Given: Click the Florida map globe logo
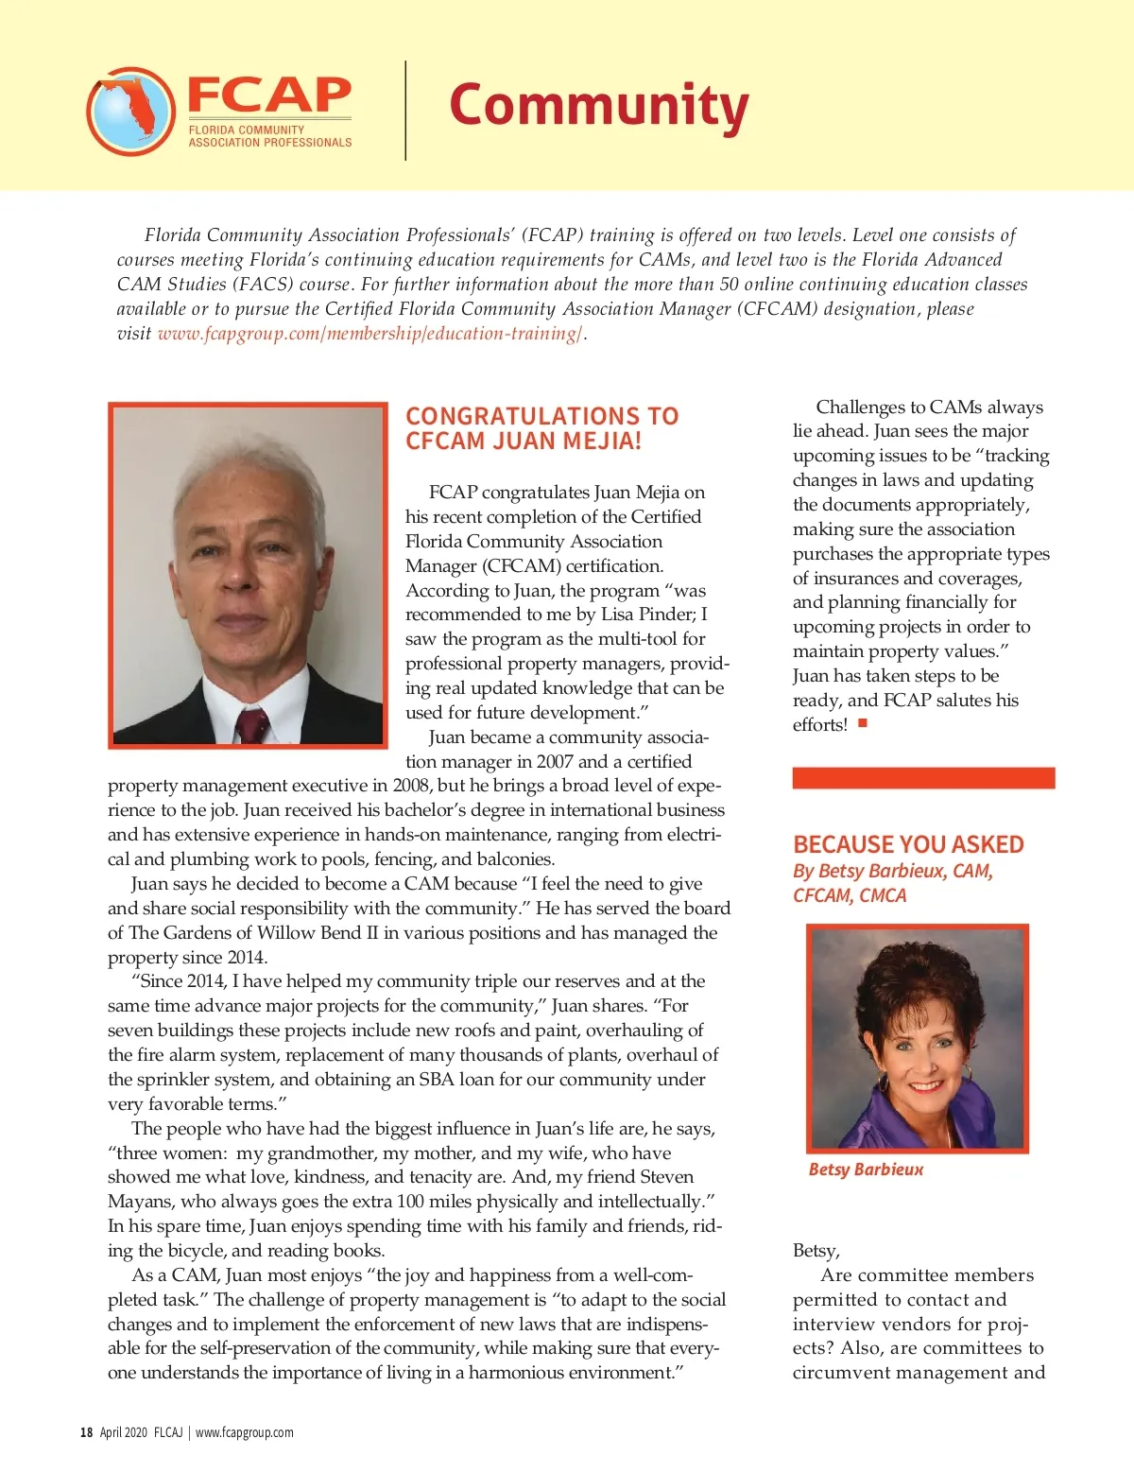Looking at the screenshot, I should pyautogui.click(x=130, y=111).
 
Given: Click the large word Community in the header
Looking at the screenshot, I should pyautogui.click(x=598, y=106).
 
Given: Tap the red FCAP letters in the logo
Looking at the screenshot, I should pyautogui.click(x=269, y=95).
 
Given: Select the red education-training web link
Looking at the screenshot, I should pyautogui.click(x=370, y=334).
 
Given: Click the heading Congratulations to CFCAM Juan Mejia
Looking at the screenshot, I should pyautogui.click(x=541, y=428).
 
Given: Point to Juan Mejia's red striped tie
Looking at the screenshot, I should pyautogui.click(x=252, y=724).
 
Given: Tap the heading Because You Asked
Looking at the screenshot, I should pyautogui.click(x=908, y=844).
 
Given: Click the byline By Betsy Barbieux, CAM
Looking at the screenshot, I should pyautogui.click(x=893, y=871).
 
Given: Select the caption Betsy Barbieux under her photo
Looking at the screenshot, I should pyautogui.click(x=866, y=1170).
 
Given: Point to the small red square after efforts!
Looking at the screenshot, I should pyautogui.click(x=863, y=723).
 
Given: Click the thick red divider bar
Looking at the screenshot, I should pyautogui.click(x=923, y=778).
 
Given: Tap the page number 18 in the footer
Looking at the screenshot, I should pyautogui.click(x=86, y=1432).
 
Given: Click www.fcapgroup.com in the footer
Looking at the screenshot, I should pyautogui.click(x=245, y=1432).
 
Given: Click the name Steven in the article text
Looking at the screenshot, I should pyautogui.click(x=667, y=1177).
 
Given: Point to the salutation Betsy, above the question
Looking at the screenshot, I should pyautogui.click(x=816, y=1251).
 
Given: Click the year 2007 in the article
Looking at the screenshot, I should pyautogui.click(x=555, y=762).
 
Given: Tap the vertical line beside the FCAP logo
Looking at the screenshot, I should pyautogui.click(x=406, y=111).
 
